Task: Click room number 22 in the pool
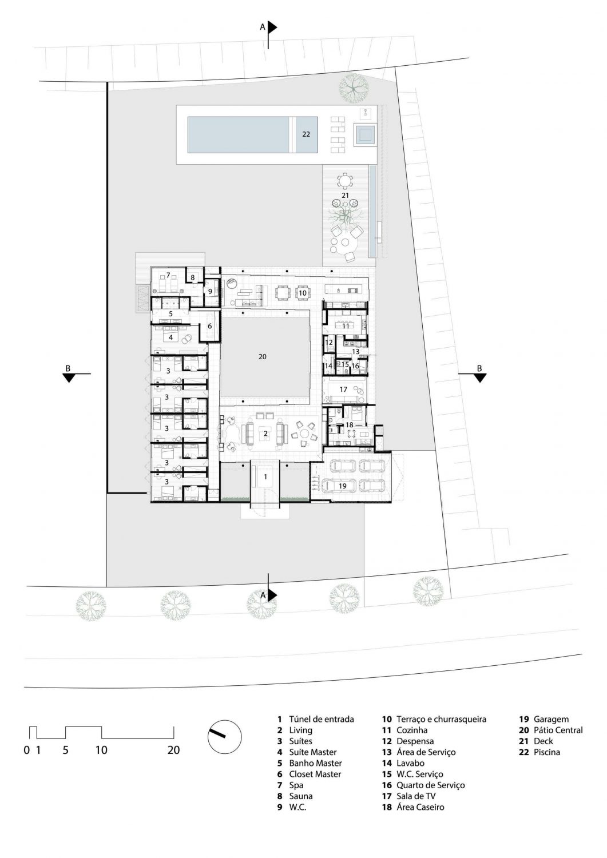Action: (306, 134)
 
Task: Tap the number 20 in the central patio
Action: (262, 356)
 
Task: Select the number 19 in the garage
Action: (342, 486)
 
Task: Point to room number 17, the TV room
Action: (343, 389)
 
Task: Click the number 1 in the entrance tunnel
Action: (265, 477)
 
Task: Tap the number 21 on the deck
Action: (346, 196)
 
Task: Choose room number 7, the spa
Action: (168, 275)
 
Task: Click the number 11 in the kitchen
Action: (346, 327)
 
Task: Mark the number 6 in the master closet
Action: (209, 327)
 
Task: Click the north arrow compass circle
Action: (225, 737)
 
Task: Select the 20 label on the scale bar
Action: (173, 750)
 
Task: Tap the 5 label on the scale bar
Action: (66, 750)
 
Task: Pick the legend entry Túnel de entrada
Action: (322, 708)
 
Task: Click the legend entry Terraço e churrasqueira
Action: (442, 708)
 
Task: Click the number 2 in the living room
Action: (265, 434)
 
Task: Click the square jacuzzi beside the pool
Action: (364, 134)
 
